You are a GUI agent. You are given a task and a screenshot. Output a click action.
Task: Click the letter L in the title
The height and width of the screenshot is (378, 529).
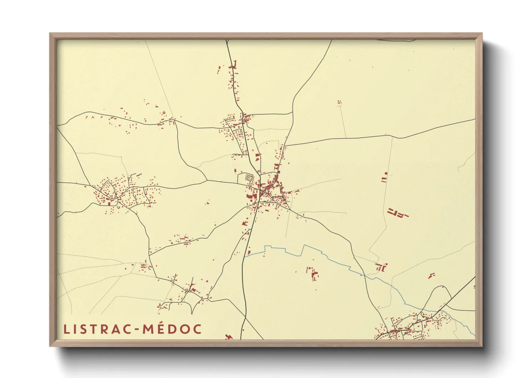coord(66,329)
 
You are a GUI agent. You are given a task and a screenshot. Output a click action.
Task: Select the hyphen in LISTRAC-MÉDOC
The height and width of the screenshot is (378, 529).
coord(137,329)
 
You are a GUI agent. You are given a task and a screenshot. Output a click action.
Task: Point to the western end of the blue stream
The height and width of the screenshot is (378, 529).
coord(246,255)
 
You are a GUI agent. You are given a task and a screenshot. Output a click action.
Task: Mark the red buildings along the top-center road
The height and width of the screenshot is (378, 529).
coord(234,77)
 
